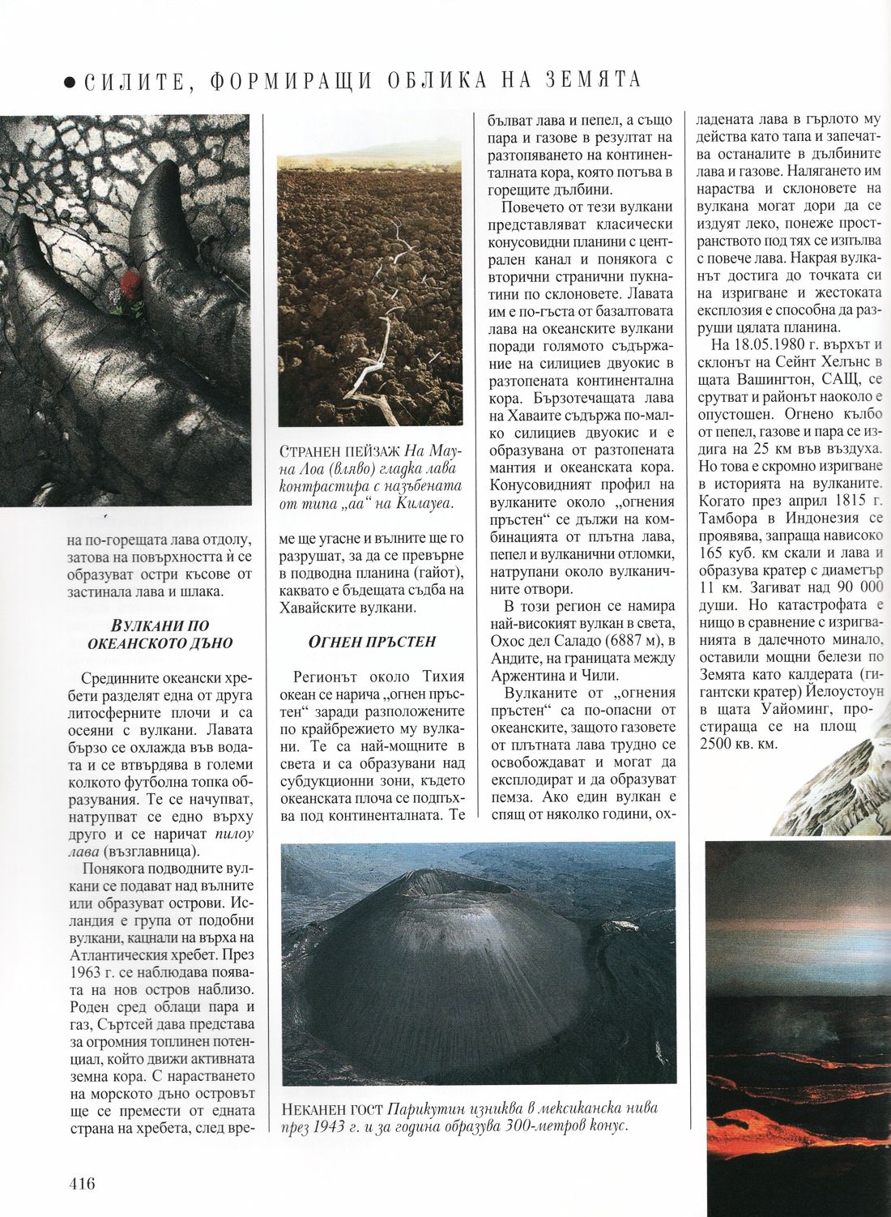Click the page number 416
tap(82, 1184)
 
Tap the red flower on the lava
tap(130, 287)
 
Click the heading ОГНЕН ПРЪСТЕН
tap(373, 642)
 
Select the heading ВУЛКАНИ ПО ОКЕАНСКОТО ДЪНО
tap(160, 634)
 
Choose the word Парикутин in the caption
tap(423, 1108)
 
